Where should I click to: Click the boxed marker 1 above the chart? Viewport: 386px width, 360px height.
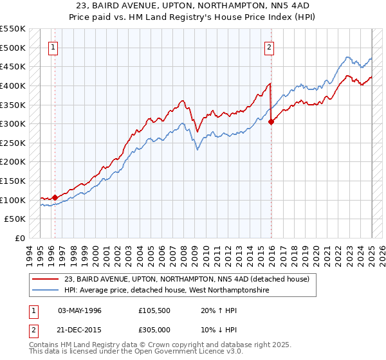[x=53, y=46]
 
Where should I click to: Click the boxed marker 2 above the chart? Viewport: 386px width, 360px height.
[x=269, y=46]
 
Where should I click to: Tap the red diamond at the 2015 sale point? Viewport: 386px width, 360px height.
[x=271, y=122]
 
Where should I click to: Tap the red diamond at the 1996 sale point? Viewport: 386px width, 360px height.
[x=55, y=198]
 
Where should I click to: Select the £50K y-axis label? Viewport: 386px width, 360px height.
[x=16, y=219]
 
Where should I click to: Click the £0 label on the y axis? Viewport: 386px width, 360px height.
[x=19, y=239]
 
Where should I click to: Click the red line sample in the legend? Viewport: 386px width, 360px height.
[x=46, y=278]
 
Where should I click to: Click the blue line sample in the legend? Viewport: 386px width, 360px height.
[x=46, y=291]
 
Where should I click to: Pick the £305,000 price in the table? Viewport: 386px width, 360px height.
[x=158, y=328]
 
